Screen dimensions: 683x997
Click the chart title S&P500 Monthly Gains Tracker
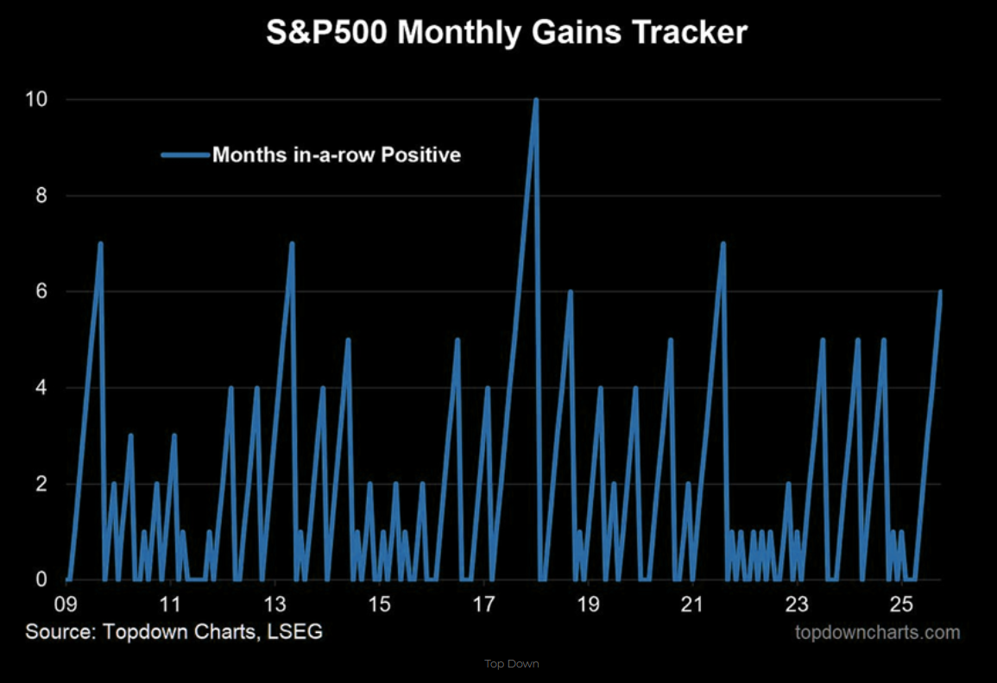point(506,34)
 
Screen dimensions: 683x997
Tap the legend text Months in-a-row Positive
point(337,155)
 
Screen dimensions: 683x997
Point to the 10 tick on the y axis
point(35,100)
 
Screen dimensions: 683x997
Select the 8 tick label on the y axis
point(41,197)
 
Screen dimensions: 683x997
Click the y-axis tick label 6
point(41,292)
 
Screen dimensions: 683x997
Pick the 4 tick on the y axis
point(41,388)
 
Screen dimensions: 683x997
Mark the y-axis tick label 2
point(41,484)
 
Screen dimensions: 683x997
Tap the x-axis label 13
point(274,602)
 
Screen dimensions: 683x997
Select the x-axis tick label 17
point(484,602)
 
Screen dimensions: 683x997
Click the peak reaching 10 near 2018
point(536,100)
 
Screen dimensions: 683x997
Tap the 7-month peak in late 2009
point(101,243)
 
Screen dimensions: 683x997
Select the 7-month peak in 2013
point(292,243)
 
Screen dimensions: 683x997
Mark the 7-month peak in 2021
point(723,243)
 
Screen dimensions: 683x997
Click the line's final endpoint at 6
point(940,291)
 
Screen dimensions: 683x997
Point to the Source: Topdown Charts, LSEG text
point(174,632)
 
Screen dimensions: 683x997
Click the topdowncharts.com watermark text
point(876,632)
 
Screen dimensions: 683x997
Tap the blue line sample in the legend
point(185,155)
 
